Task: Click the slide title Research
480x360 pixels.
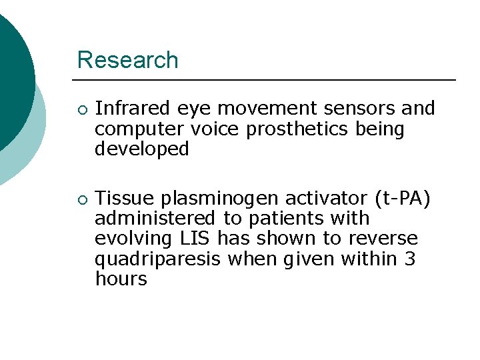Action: tap(128, 60)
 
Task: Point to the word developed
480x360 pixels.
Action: tap(142, 149)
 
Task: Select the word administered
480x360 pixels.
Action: tap(155, 218)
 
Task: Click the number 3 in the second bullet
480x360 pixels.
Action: tap(409, 258)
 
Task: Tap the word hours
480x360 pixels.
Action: tap(121, 279)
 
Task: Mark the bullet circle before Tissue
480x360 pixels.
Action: tap(81, 199)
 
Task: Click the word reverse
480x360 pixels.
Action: tap(387, 238)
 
